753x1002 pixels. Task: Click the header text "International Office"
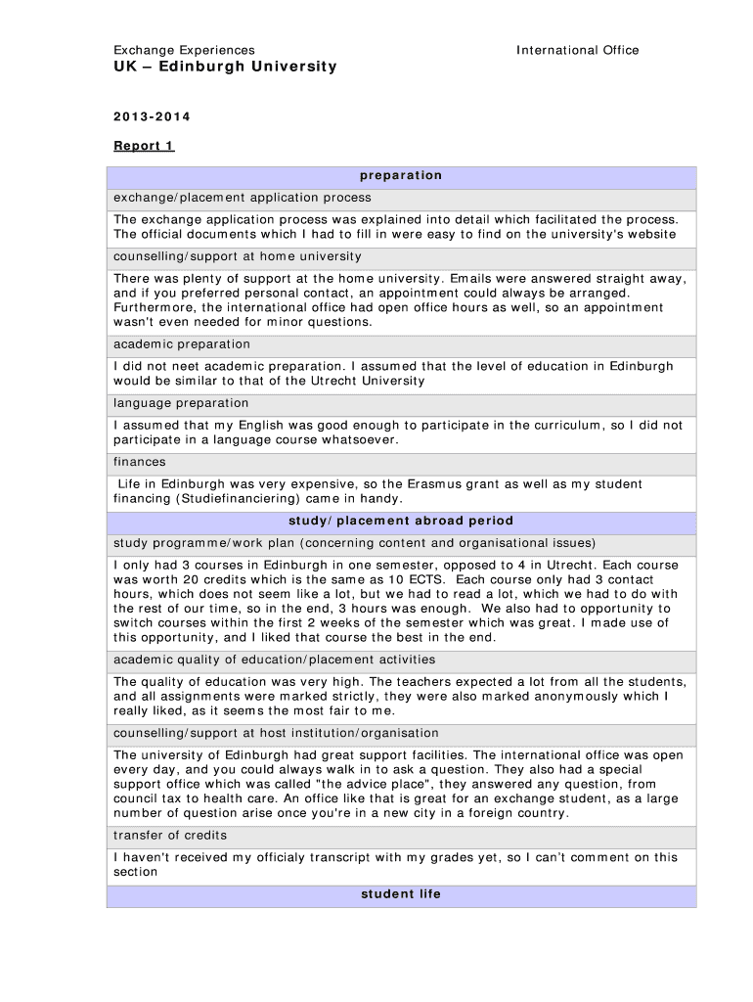[577, 50]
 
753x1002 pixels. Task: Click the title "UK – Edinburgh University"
[225, 67]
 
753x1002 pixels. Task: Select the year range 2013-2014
[152, 117]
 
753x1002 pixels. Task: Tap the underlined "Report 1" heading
[144, 146]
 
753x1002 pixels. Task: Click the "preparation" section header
[401, 176]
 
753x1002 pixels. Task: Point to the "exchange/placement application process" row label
[243, 198]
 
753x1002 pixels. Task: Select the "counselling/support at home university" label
[238, 256]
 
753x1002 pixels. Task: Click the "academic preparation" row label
[182, 344]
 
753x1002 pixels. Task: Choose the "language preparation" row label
[181, 403]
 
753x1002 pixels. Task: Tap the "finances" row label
[140, 462]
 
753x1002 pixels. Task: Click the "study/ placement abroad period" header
[401, 521]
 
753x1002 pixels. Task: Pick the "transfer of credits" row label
[170, 836]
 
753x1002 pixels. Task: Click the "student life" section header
[401, 894]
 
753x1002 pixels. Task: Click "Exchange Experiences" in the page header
[184, 50]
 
